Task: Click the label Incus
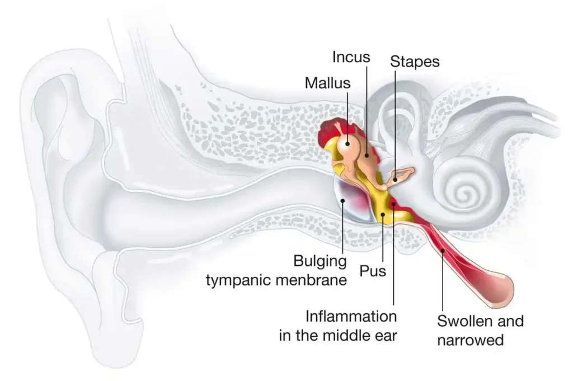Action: [351, 57]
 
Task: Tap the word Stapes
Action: [415, 62]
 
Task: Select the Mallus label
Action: [327, 83]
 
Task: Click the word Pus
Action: [373, 271]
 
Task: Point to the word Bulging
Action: [320, 262]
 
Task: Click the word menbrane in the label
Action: [310, 280]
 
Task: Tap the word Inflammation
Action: [351, 316]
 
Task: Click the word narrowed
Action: [470, 340]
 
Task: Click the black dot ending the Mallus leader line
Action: [347, 144]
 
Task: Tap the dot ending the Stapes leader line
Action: [395, 180]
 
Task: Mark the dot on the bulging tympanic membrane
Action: [342, 200]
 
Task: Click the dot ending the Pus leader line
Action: [383, 215]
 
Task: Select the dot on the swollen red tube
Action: [443, 251]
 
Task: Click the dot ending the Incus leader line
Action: [367, 155]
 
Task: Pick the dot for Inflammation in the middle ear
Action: [393, 204]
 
